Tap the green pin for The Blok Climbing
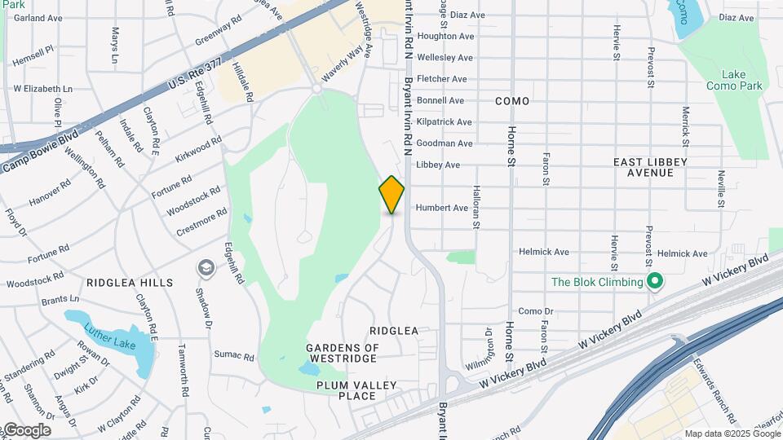point(654,283)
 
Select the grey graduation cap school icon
point(206,268)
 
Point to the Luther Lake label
point(109,337)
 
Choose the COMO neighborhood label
point(512,101)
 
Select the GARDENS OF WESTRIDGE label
point(343,353)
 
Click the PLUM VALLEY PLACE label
point(356,390)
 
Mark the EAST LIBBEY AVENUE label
point(650,168)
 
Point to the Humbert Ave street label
point(442,208)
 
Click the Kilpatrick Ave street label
point(444,122)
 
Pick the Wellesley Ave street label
point(445,58)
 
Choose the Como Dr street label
point(536,311)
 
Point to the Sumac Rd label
point(235,354)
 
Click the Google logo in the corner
point(26,429)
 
